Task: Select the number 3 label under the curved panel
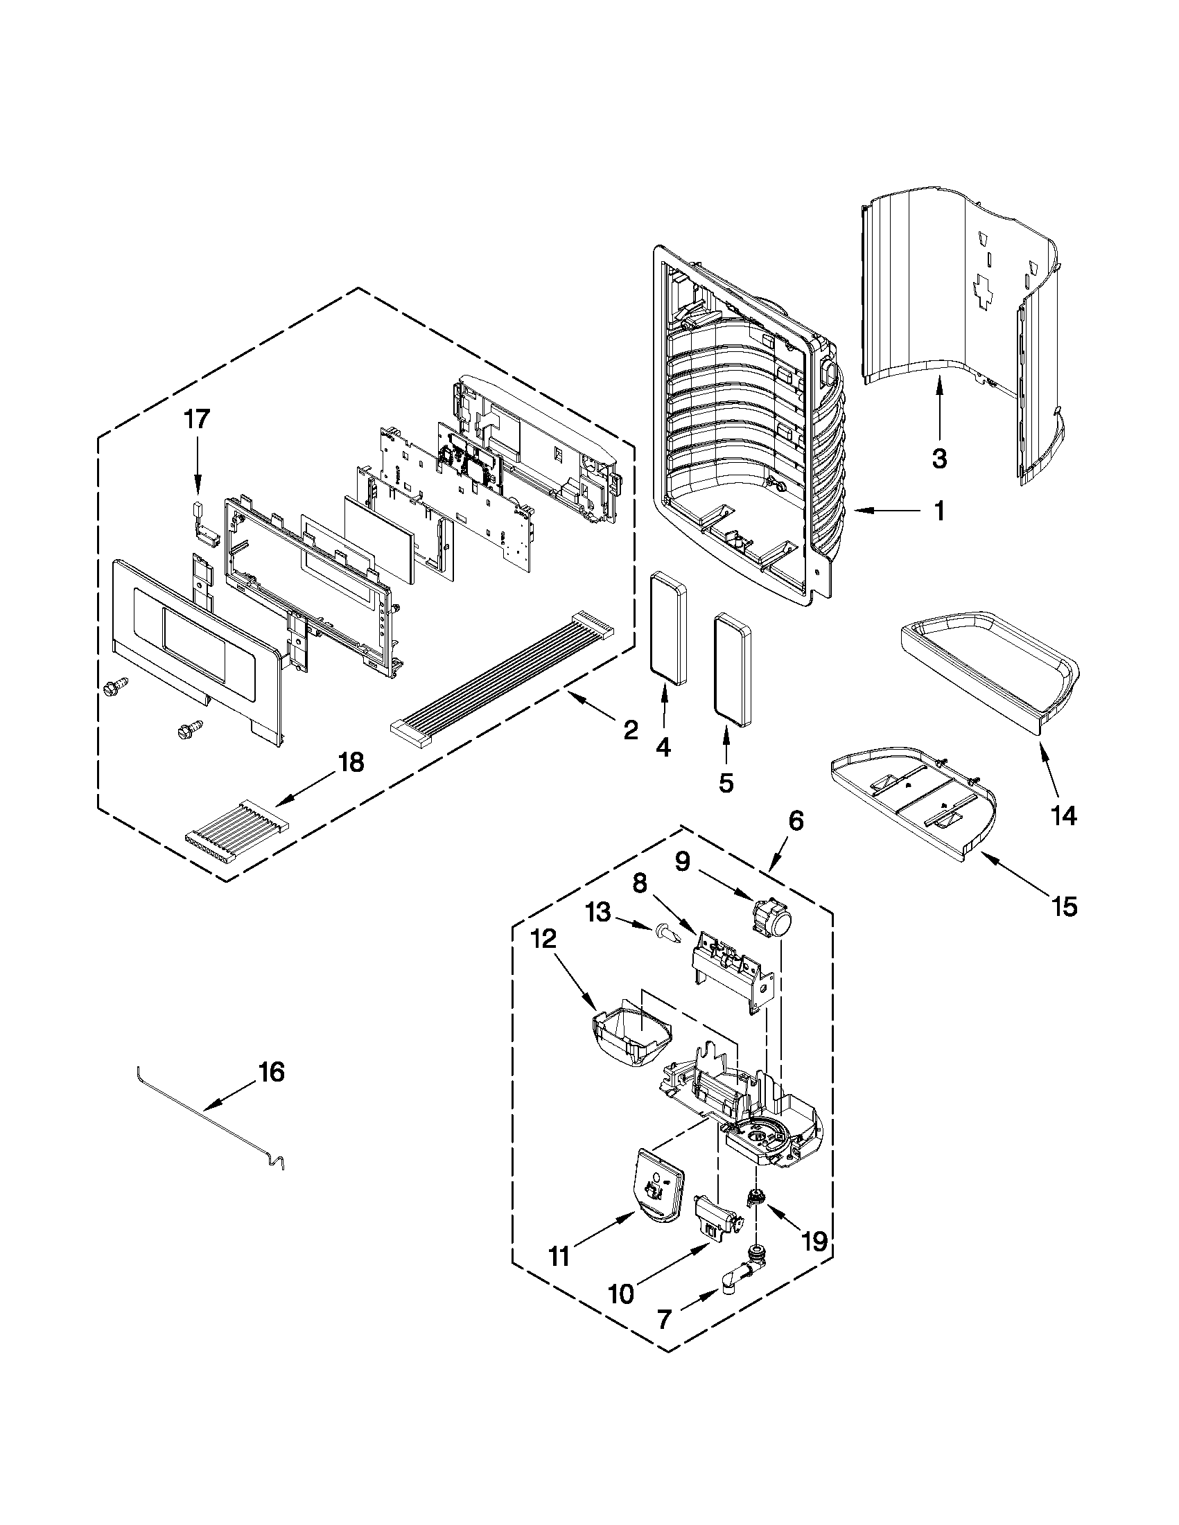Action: pyautogui.click(x=939, y=459)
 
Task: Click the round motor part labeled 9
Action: pyautogui.click(x=773, y=916)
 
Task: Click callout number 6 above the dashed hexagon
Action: pyautogui.click(x=796, y=821)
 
